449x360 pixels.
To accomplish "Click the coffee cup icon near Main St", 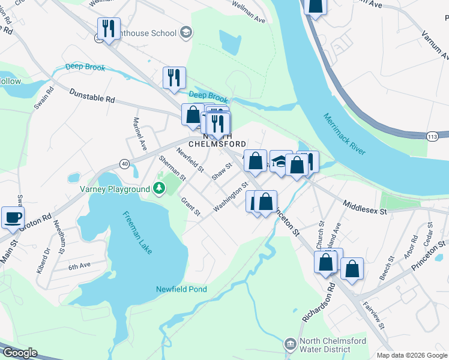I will (13, 217).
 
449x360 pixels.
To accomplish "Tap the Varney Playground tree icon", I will (158, 189).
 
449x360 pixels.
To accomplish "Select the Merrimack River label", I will (344, 134).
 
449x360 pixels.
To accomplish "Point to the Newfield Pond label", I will (181, 289).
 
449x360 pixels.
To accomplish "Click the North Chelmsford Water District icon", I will (290, 344).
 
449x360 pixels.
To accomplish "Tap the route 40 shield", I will (124, 163).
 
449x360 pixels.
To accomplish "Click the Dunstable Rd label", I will (92, 95).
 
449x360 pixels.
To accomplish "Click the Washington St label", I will (231, 196).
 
